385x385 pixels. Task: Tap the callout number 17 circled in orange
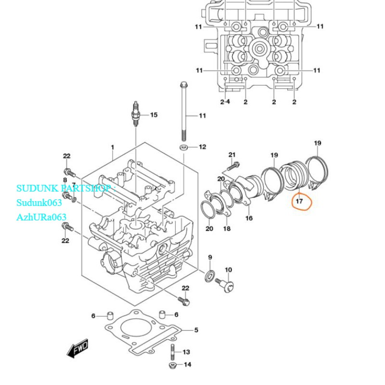click(x=299, y=201)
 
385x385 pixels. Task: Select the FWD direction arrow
click(x=77, y=348)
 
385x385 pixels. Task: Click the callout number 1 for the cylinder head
click(x=113, y=147)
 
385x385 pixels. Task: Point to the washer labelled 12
click(x=183, y=147)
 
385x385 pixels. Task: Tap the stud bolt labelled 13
click(x=173, y=352)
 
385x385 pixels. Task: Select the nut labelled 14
click(x=173, y=365)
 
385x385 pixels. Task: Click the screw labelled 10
click(x=224, y=285)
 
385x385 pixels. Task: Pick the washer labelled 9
click(x=210, y=276)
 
